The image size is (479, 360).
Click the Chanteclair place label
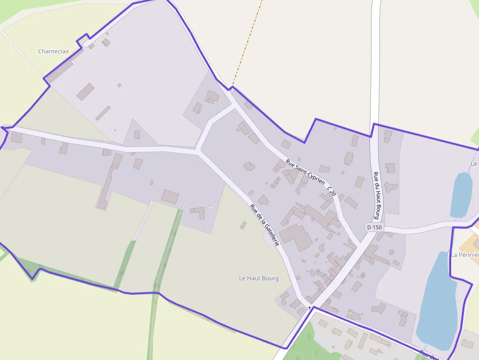54,51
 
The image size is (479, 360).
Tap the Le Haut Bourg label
259,278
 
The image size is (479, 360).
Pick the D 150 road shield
374,227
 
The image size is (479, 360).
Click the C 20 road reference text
331,191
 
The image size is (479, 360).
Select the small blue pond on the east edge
461,194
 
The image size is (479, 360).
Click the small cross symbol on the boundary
309,308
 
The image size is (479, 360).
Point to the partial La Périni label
464,254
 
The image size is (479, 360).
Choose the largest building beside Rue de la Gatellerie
296,237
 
